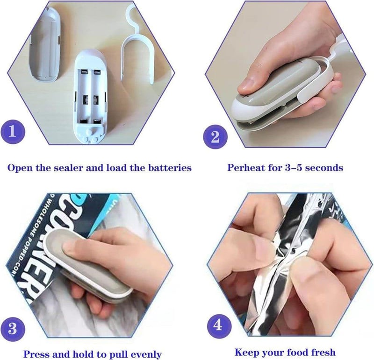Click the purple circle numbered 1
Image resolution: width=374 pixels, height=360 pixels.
click(x=13, y=132)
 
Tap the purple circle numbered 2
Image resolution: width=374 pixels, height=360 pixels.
click(x=215, y=137)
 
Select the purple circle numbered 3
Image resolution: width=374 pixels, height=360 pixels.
click(x=13, y=329)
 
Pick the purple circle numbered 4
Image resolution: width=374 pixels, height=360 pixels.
click(x=218, y=326)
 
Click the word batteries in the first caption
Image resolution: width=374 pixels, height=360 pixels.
click(x=170, y=168)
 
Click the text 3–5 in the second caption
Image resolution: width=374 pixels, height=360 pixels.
click(x=294, y=168)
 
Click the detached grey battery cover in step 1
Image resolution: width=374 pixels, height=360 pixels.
click(x=44, y=44)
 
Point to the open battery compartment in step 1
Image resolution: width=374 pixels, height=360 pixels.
click(x=91, y=97)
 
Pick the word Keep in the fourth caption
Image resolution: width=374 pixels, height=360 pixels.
click(x=247, y=352)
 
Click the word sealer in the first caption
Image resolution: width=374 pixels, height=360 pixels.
click(x=68, y=168)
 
